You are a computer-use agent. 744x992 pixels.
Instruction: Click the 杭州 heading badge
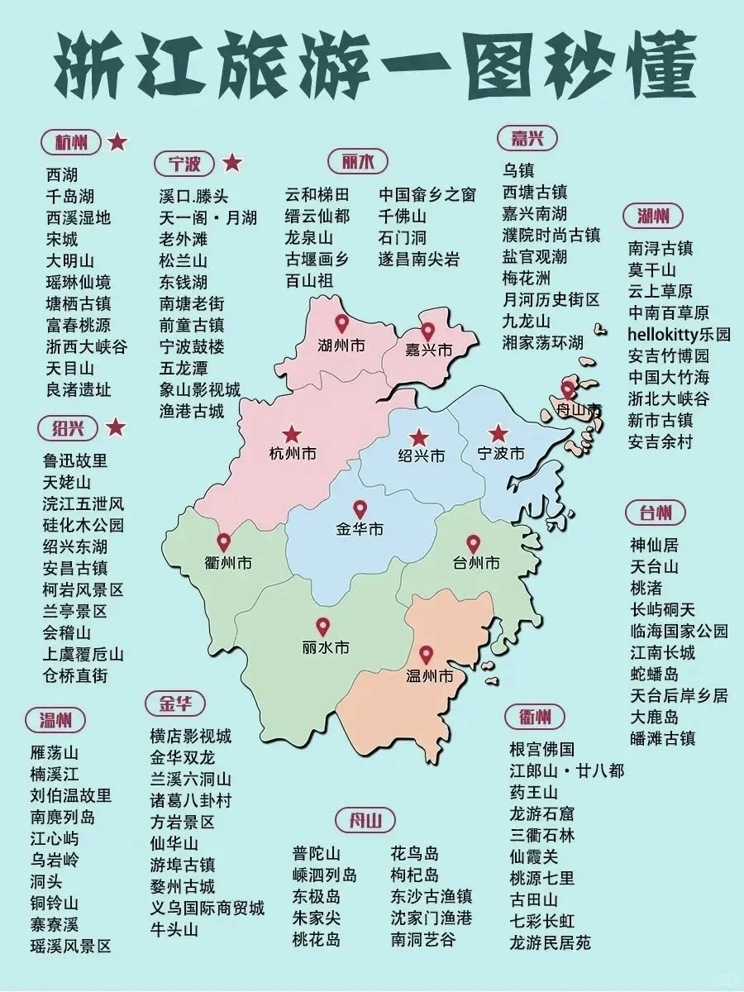[x=71, y=142]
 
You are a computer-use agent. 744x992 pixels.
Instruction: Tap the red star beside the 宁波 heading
[x=233, y=163]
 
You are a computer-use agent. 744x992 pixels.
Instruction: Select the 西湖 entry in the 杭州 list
[x=62, y=174]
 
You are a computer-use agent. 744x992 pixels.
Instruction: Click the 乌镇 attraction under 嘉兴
[x=518, y=170]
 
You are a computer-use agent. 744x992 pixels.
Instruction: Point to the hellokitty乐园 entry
[x=679, y=335]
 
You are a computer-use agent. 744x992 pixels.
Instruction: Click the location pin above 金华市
[x=360, y=510]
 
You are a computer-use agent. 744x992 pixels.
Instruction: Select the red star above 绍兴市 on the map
[x=420, y=436]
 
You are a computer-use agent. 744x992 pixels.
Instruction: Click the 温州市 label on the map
[x=430, y=676]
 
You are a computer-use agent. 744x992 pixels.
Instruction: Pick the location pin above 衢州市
[x=224, y=543]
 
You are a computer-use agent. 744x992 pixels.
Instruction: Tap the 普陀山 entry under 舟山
[x=317, y=854]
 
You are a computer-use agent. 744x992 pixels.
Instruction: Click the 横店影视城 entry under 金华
[x=190, y=736]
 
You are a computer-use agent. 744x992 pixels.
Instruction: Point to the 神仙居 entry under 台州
[x=653, y=545]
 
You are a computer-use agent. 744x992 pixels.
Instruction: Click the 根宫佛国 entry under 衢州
[x=541, y=750]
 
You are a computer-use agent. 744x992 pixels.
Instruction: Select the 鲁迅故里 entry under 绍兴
[x=75, y=460]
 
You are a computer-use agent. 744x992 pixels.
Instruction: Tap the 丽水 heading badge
[x=352, y=161]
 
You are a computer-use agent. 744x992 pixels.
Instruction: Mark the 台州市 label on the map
[x=476, y=564]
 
